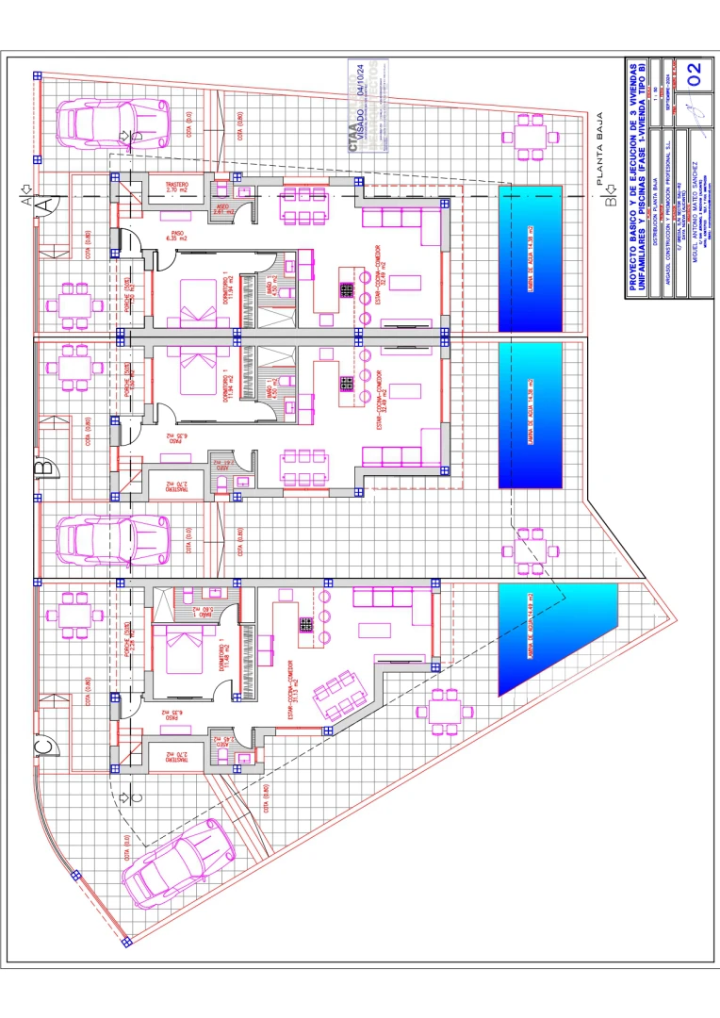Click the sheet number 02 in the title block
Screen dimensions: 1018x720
point(695,74)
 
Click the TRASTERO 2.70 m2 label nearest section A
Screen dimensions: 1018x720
point(176,187)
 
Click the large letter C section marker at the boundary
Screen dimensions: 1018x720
point(43,747)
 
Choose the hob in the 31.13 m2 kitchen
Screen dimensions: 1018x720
point(306,623)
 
